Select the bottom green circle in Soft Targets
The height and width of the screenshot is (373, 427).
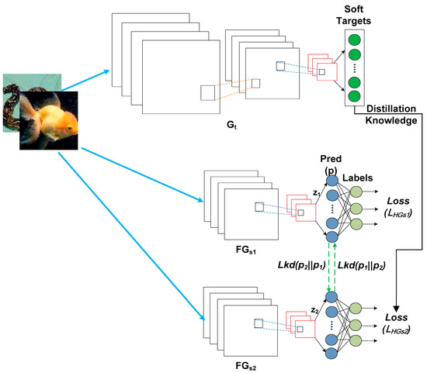[353, 96]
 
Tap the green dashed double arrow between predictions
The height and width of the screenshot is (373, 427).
[332, 264]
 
